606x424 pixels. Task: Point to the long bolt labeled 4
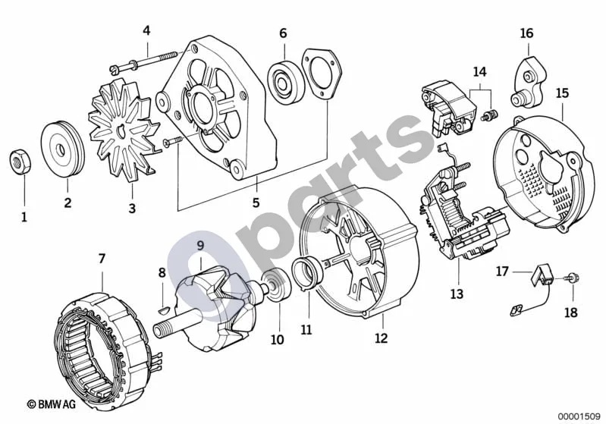tap(144, 62)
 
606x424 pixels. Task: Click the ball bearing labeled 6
tap(286, 83)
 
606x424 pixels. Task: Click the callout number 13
tap(456, 294)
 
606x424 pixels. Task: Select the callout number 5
tap(256, 203)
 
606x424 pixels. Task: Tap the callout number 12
tap(381, 338)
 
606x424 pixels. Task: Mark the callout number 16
tap(526, 33)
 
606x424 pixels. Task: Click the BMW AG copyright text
tap(52, 404)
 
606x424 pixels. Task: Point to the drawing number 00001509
tap(579, 416)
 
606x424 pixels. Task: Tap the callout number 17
tap(502, 272)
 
